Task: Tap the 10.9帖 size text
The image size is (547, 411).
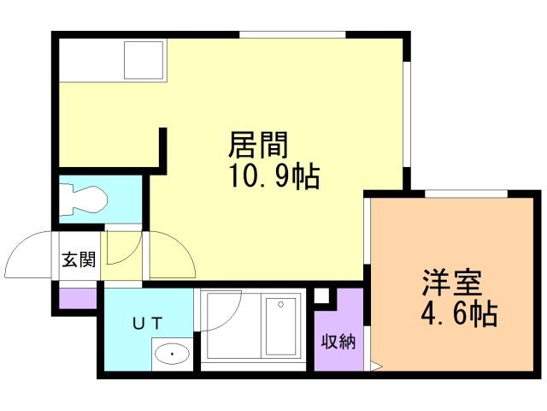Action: coord(273,176)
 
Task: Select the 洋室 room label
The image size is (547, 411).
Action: coord(450,283)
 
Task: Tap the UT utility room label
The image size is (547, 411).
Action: coord(148,323)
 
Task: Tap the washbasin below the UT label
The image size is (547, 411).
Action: coord(172,354)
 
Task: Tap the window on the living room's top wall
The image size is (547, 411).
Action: coord(292,34)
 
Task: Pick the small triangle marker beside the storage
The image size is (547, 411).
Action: coord(374,368)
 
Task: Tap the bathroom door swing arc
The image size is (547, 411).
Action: coord(215,313)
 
